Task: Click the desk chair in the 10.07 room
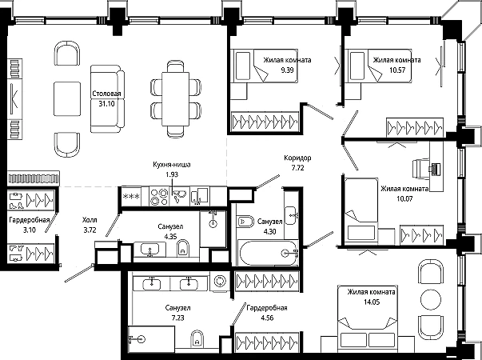422,169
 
